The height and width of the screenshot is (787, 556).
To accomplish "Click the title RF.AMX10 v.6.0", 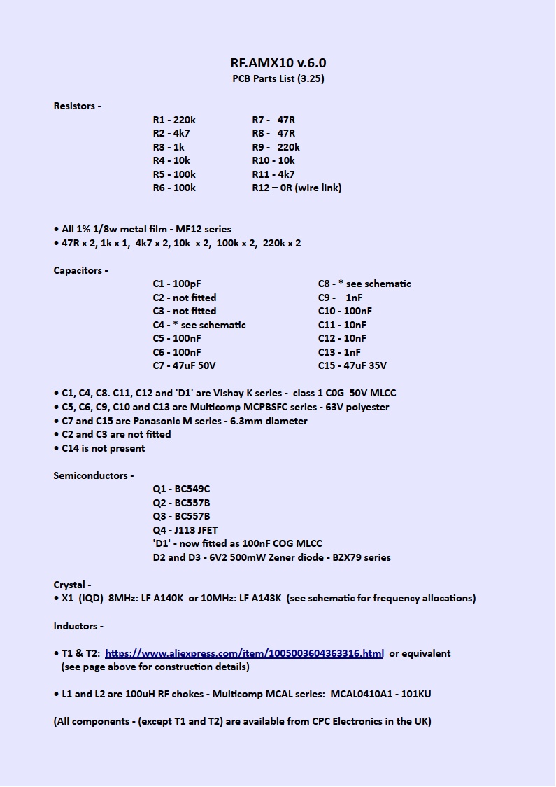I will click(x=278, y=62).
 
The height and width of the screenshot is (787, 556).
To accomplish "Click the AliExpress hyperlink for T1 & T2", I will click(x=244, y=653).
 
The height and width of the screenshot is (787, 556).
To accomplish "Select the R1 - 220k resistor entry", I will click(x=174, y=120).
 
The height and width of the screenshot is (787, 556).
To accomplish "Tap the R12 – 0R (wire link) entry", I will click(x=297, y=188).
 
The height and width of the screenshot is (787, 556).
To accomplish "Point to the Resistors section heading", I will click(x=77, y=106).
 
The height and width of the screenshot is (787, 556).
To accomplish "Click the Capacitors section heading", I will click(x=80, y=270).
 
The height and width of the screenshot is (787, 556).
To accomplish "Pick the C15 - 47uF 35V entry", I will click(x=352, y=365).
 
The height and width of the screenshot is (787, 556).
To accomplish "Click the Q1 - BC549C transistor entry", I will click(x=181, y=489).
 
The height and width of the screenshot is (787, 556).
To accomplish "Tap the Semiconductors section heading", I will click(x=93, y=475).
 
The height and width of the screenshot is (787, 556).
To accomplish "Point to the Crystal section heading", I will click(x=72, y=585).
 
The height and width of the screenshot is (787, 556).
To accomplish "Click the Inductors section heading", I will click(x=78, y=626).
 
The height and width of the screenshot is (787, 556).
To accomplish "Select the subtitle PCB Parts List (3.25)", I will click(x=278, y=78).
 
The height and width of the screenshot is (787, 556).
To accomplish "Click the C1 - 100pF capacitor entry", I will click(x=176, y=284).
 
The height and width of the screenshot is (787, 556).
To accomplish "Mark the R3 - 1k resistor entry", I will click(x=169, y=147).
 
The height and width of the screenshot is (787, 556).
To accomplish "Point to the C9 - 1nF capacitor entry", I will click(x=340, y=298).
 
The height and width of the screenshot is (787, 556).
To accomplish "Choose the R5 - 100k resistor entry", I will click(x=174, y=174).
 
